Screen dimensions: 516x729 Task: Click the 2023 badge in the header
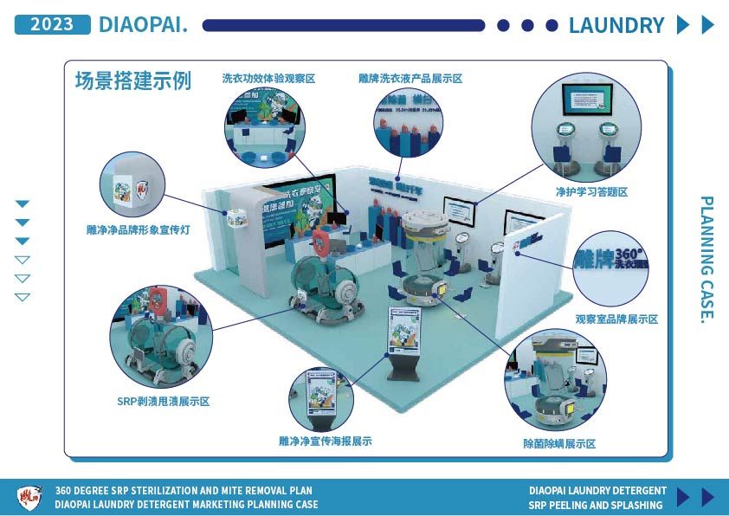coord(52,24)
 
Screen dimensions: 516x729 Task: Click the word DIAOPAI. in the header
coord(144,24)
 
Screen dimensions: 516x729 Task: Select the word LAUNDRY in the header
coord(616,25)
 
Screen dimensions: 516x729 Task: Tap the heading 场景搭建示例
coord(133,81)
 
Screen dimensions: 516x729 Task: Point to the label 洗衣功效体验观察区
coord(268,79)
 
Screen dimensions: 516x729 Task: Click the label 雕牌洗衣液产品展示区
coord(410,79)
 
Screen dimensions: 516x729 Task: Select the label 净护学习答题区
coord(591,192)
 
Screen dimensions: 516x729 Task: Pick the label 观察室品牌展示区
coord(616,319)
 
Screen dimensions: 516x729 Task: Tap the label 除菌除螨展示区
coord(559,444)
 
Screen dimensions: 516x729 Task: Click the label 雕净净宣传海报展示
coord(326,441)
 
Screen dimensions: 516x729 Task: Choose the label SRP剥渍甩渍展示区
coord(163,402)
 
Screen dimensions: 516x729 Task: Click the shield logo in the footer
coord(29,497)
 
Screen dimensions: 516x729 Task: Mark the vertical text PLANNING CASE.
coord(706,259)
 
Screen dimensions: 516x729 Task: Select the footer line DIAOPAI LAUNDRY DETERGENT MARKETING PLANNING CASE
coord(186,504)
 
